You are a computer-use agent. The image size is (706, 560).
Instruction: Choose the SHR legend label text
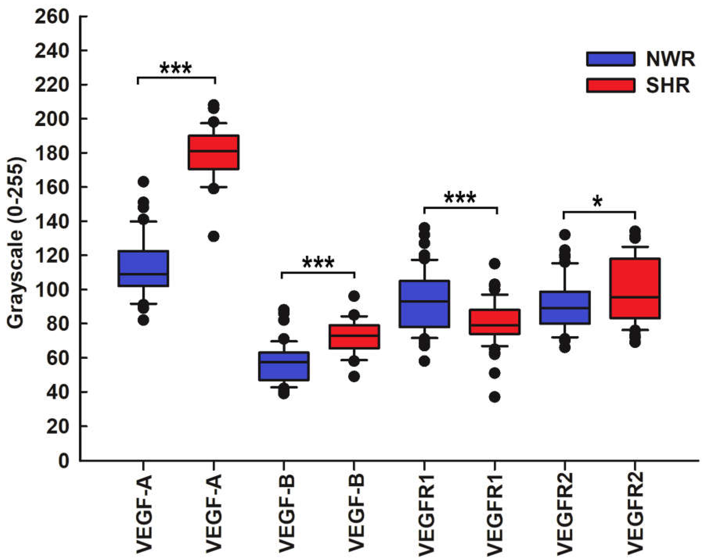click(667, 86)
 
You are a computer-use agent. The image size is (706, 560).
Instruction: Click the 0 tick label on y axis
click(64, 461)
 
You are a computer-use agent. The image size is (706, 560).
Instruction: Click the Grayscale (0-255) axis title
click(16, 242)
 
